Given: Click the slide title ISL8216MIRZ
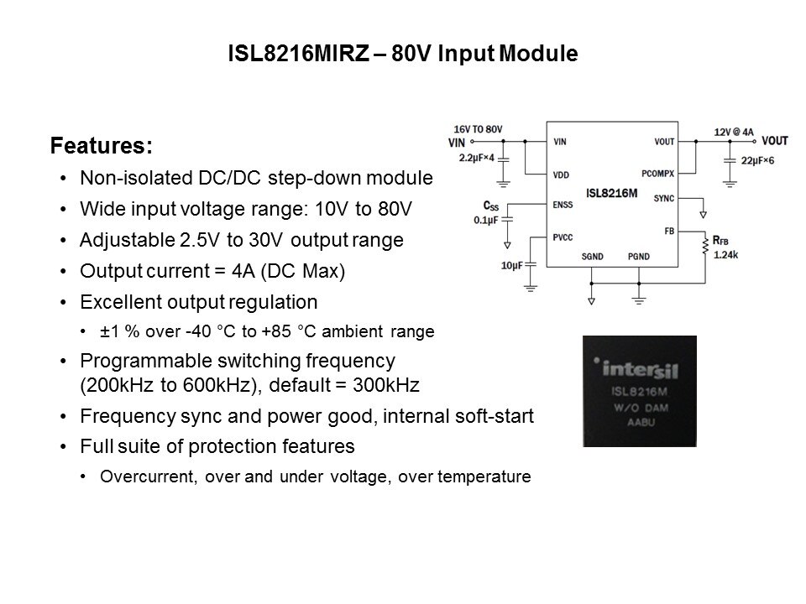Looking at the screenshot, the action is tap(299, 54).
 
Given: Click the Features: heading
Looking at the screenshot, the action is tap(102, 145).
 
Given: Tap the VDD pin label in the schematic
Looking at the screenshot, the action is tap(561, 175).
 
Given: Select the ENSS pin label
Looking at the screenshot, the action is tap(563, 205).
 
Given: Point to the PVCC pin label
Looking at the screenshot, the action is tap(563, 237).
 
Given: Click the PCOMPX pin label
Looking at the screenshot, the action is tap(657, 174).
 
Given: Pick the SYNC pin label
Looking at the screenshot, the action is tap(663, 198).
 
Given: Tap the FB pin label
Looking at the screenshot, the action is tap(669, 232).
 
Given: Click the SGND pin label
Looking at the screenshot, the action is tap(592, 257).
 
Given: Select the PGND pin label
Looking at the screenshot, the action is tap(638, 257).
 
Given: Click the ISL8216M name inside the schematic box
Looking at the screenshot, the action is tap(611, 193).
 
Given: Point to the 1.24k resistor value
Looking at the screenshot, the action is tap(725, 255).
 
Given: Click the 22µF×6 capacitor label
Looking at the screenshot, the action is tap(757, 161).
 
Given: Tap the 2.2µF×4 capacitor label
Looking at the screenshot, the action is tap(477, 158).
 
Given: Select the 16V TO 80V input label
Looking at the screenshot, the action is tap(478, 129).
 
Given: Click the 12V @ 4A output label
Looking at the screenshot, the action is tap(734, 132).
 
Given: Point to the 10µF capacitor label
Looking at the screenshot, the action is tap(511, 266).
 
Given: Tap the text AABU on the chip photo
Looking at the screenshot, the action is tap(641, 423).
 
